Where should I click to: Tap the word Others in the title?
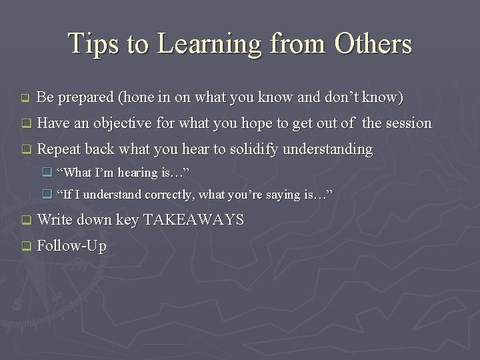tap(373, 44)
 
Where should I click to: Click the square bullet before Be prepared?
tap(25, 99)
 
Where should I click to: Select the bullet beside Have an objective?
tap(25, 124)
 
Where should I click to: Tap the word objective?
tap(123, 124)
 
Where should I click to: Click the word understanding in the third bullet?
tap(327, 150)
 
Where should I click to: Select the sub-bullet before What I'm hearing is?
tap(47, 173)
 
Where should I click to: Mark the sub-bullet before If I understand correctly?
tap(47, 195)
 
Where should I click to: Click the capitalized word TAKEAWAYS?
tap(193, 220)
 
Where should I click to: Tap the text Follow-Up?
tap(71, 246)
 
